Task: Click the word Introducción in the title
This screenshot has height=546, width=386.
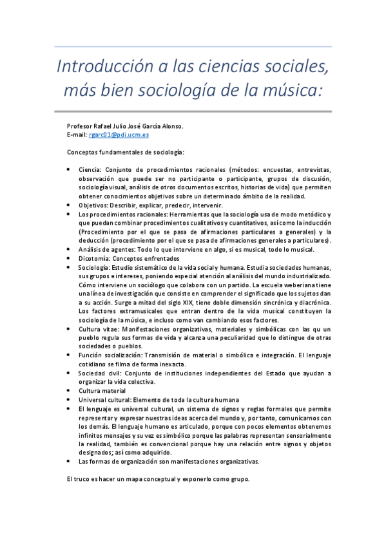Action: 96,67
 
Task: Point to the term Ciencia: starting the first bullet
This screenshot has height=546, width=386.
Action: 90,169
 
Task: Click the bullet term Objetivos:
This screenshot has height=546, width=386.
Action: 93,205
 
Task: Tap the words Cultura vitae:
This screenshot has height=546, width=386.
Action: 101,329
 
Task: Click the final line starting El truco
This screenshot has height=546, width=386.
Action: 157,480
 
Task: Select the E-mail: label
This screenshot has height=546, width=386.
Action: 77,135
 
